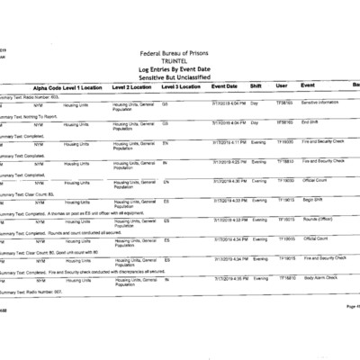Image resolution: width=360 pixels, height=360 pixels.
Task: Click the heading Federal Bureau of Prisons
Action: (x=179, y=54)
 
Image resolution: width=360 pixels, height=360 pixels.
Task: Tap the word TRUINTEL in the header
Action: (x=179, y=61)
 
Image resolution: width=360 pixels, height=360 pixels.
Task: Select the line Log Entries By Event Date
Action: (x=179, y=68)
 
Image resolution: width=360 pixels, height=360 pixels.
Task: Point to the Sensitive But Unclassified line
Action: (x=179, y=76)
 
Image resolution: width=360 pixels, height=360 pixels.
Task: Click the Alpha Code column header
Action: (x=46, y=86)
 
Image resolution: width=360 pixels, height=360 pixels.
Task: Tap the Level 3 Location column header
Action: (x=183, y=86)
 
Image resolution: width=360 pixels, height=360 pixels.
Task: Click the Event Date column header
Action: (x=225, y=86)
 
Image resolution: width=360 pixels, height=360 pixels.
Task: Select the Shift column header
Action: (x=256, y=86)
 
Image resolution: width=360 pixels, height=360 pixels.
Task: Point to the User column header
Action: (x=282, y=86)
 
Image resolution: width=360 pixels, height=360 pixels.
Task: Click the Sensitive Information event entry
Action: (x=320, y=103)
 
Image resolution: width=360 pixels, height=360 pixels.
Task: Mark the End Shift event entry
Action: (x=310, y=121)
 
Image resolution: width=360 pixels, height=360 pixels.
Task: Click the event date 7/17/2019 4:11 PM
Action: (x=229, y=141)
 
